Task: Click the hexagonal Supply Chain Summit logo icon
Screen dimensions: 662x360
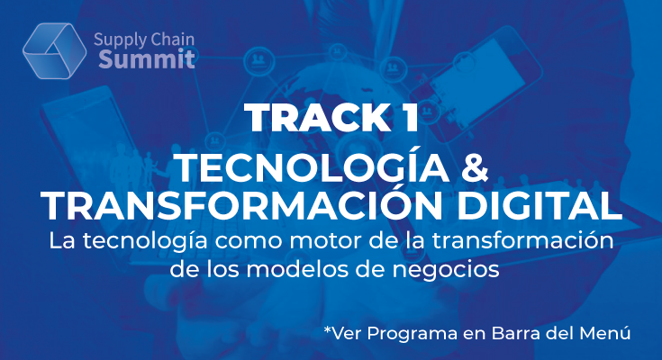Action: pos(54,50)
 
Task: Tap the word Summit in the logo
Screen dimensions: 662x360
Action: pos(147,58)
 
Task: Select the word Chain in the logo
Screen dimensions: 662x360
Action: pos(172,40)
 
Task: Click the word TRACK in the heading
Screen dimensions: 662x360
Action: pos(317,118)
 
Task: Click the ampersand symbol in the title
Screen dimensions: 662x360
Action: pos(474,168)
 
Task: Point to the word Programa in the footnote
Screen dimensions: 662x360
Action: pos(413,333)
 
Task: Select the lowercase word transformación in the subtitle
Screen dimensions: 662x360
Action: pos(522,240)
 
